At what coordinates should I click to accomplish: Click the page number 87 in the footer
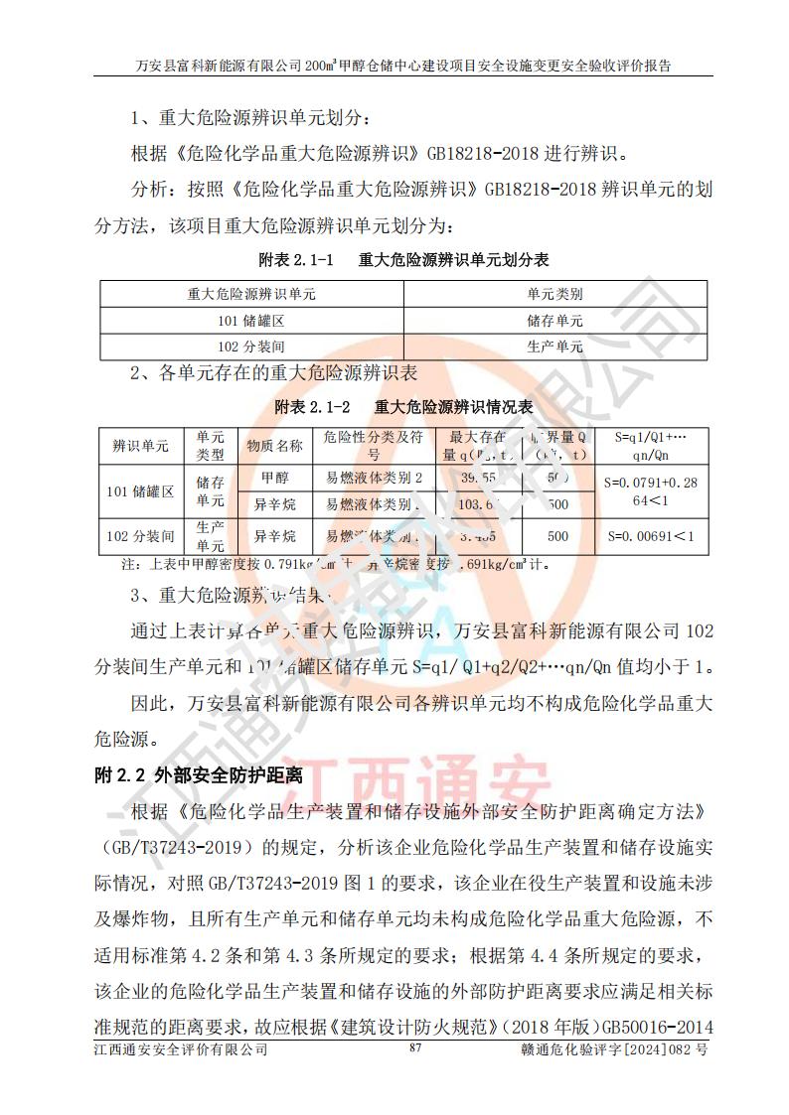(415, 1075)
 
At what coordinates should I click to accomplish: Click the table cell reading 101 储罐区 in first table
(251, 321)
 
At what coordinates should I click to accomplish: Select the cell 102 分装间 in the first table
(251, 347)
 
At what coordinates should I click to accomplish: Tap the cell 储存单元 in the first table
(554, 321)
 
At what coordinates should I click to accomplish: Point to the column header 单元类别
(554, 295)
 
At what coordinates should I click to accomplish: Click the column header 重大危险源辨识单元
(251, 295)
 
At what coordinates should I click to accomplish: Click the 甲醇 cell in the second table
(274, 478)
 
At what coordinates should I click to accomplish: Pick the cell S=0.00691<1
(650, 537)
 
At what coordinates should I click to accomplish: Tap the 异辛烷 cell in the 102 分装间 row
(274, 537)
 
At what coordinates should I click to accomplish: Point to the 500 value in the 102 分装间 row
(558, 537)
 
